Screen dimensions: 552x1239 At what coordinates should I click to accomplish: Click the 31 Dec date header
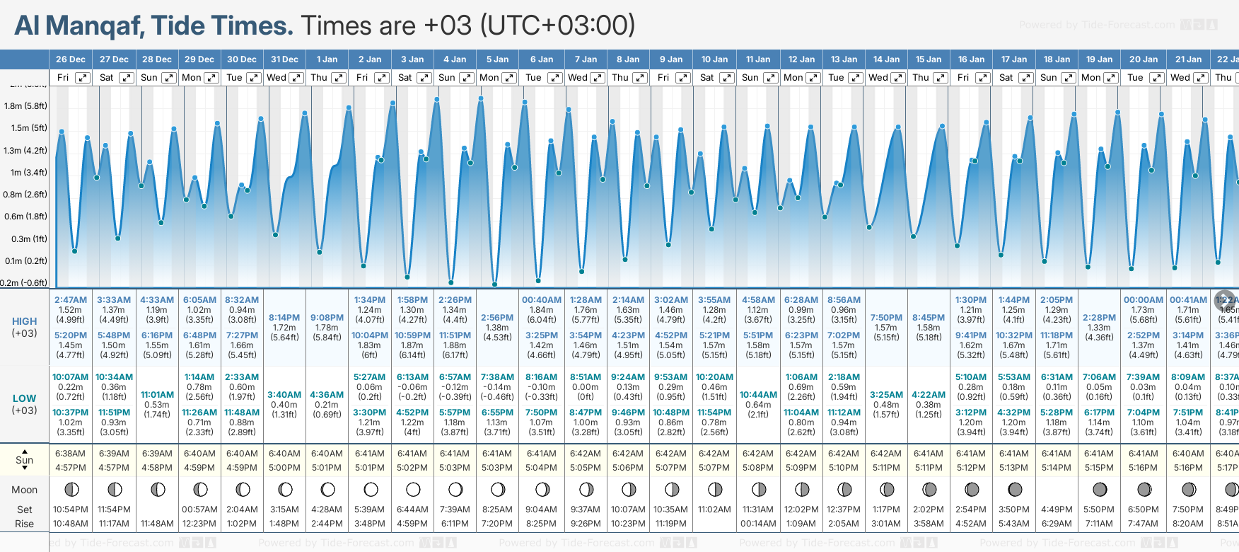(x=284, y=59)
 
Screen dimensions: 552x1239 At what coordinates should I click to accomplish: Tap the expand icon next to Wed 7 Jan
(x=598, y=78)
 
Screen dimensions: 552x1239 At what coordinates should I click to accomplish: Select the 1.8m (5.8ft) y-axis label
(x=25, y=106)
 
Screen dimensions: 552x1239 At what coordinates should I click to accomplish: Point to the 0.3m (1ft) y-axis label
(x=25, y=239)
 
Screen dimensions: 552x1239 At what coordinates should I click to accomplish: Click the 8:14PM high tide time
(x=284, y=318)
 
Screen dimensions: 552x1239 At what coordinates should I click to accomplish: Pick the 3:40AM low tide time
(x=284, y=395)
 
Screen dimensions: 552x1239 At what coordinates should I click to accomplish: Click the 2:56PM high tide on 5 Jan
(x=496, y=318)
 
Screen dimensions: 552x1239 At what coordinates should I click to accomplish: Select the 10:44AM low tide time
(x=758, y=395)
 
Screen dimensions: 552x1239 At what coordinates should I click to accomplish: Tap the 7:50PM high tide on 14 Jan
(x=886, y=318)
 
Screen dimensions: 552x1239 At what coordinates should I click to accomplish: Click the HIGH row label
(x=24, y=321)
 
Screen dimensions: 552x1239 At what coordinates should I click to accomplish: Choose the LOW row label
(x=24, y=398)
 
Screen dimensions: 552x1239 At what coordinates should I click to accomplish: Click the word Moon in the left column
(x=24, y=490)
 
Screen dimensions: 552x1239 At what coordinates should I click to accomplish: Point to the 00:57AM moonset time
(x=199, y=510)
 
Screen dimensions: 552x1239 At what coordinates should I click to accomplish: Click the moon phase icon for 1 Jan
(x=327, y=489)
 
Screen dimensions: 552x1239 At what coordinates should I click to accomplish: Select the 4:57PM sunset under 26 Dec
(x=70, y=468)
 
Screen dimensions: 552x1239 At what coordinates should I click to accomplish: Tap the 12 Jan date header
(x=801, y=59)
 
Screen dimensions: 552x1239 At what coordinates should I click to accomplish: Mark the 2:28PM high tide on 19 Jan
(x=1099, y=318)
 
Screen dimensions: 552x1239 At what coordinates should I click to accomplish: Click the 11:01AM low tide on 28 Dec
(x=157, y=395)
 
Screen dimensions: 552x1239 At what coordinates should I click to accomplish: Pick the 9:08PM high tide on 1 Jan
(x=327, y=318)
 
